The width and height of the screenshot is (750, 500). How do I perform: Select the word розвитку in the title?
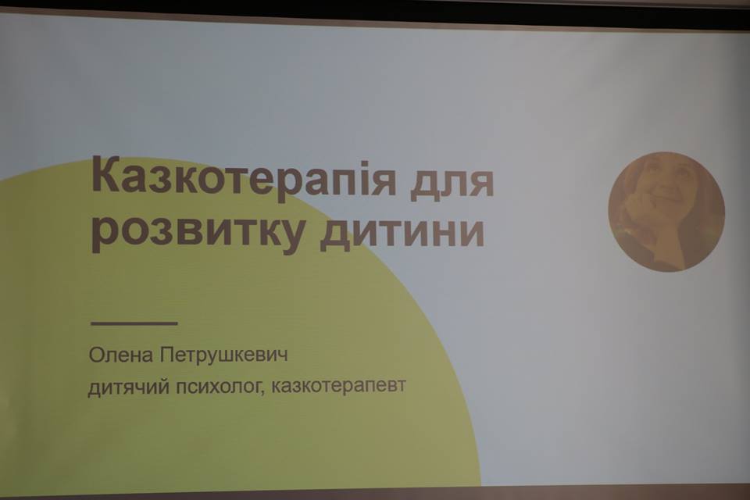[198, 232]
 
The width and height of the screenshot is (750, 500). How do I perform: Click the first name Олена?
[121, 355]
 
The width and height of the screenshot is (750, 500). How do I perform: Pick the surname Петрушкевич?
[224, 357]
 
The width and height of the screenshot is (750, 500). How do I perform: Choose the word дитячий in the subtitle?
[129, 386]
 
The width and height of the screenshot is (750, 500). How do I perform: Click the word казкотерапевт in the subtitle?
[338, 385]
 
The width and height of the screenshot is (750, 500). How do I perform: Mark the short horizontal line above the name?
[134, 323]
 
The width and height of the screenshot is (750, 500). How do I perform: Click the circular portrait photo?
[666, 212]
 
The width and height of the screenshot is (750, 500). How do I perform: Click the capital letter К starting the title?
[105, 176]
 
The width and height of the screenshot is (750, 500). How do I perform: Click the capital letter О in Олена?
[95, 355]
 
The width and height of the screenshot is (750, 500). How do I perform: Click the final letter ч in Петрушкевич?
[283, 359]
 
